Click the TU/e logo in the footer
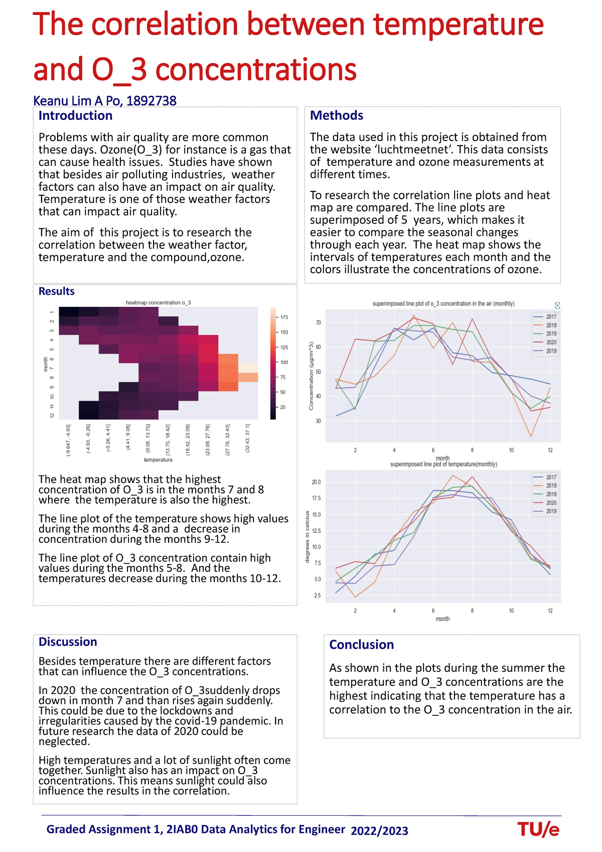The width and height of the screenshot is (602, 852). click(x=538, y=829)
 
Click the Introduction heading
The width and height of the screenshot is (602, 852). click(x=75, y=115)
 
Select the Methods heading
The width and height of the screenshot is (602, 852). click(x=336, y=115)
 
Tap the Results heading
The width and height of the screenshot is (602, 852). click(x=56, y=291)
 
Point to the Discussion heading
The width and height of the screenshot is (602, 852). click(x=68, y=642)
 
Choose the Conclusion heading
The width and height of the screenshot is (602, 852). click(x=361, y=645)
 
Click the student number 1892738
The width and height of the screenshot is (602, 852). click(x=151, y=101)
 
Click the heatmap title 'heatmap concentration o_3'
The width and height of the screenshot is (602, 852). click(x=158, y=303)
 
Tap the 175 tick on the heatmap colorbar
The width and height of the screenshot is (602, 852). click(x=284, y=317)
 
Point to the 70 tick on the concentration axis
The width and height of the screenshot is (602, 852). click(x=318, y=323)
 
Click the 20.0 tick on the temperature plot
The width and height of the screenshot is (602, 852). click(x=316, y=482)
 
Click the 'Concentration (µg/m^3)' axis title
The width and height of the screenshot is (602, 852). click(x=311, y=376)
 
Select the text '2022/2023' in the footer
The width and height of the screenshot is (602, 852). click(x=379, y=831)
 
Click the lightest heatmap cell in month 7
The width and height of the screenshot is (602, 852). click(x=248, y=368)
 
